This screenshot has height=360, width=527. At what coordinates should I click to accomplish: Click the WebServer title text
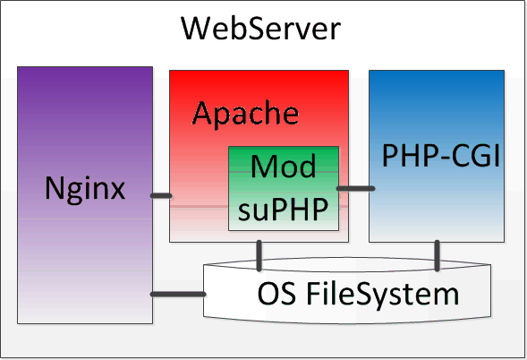pyautogui.click(x=260, y=29)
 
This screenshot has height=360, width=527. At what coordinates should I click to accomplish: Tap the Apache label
pyautogui.click(x=245, y=114)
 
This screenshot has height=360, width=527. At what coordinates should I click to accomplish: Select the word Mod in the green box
pyautogui.click(x=284, y=166)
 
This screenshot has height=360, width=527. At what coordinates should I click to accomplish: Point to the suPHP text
pyautogui.click(x=283, y=210)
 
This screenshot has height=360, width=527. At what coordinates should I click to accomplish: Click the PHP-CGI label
pyautogui.click(x=441, y=156)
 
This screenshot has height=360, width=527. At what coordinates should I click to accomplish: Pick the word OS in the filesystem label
pyautogui.click(x=276, y=294)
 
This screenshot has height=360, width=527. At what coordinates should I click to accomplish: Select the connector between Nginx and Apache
pyautogui.click(x=161, y=195)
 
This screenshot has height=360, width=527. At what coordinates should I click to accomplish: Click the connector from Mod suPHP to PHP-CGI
pyautogui.click(x=355, y=188)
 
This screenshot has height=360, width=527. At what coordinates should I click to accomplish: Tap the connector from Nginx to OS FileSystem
pyautogui.click(x=178, y=295)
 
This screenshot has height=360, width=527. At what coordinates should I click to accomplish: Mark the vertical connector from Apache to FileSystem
pyautogui.click(x=259, y=256)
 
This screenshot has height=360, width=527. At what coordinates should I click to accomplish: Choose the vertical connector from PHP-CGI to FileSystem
pyautogui.click(x=437, y=256)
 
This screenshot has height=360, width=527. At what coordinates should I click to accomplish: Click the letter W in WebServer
pyautogui.click(x=196, y=29)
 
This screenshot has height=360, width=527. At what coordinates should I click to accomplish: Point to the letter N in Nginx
pyautogui.click(x=55, y=188)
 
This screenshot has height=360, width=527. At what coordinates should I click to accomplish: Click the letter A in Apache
pyautogui.click(x=203, y=113)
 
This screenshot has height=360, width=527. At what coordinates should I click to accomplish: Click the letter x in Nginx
pyautogui.click(x=117, y=191)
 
